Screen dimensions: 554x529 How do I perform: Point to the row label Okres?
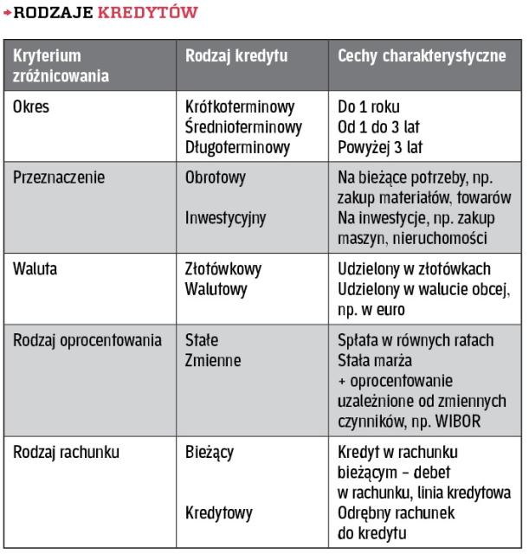coord(31,110)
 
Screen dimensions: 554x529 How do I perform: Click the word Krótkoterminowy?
coord(240,110)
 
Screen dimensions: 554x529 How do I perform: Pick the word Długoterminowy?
coord(237,148)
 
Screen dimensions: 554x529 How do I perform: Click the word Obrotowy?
coord(216,177)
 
